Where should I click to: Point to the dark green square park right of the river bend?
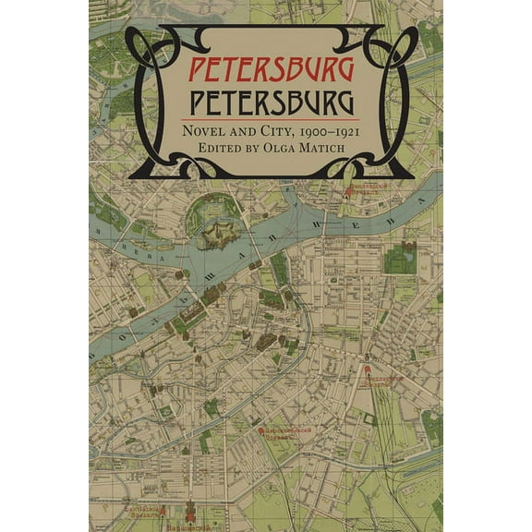[400, 260]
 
